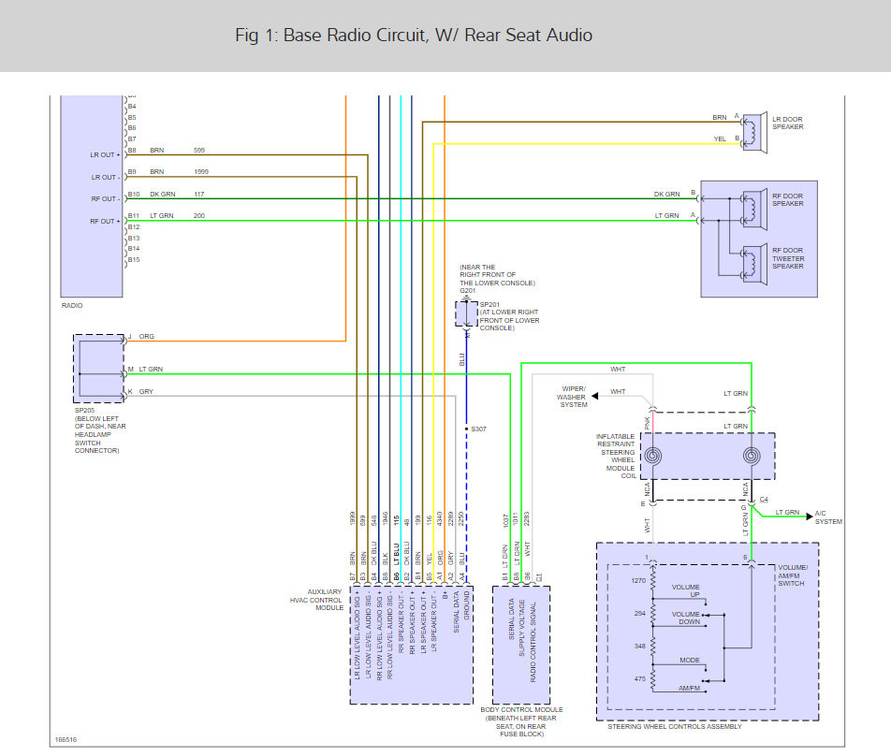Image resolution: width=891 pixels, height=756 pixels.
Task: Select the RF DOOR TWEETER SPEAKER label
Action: pos(789,257)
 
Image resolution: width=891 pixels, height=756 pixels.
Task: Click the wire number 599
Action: pos(199,150)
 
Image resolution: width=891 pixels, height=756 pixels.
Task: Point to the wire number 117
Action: pos(199,194)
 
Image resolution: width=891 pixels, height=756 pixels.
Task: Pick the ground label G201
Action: pos(468,290)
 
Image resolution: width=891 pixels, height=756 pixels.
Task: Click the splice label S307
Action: pos(477,429)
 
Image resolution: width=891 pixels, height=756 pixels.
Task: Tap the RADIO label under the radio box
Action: pos(71,305)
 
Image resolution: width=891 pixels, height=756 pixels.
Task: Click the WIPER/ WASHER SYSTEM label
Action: pos(574,397)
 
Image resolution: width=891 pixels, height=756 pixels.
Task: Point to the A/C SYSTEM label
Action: pos(828,516)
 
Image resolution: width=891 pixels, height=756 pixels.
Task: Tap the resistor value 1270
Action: pos(637,580)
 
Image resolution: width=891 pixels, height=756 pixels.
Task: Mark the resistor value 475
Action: pos(640,678)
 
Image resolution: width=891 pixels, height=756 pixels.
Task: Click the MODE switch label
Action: pos(690,661)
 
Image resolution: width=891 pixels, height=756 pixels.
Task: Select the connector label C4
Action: pos(765,500)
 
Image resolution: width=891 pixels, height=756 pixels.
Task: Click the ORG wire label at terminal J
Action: pos(147,337)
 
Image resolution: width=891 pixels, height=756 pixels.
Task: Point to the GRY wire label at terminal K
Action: pos(146,391)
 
